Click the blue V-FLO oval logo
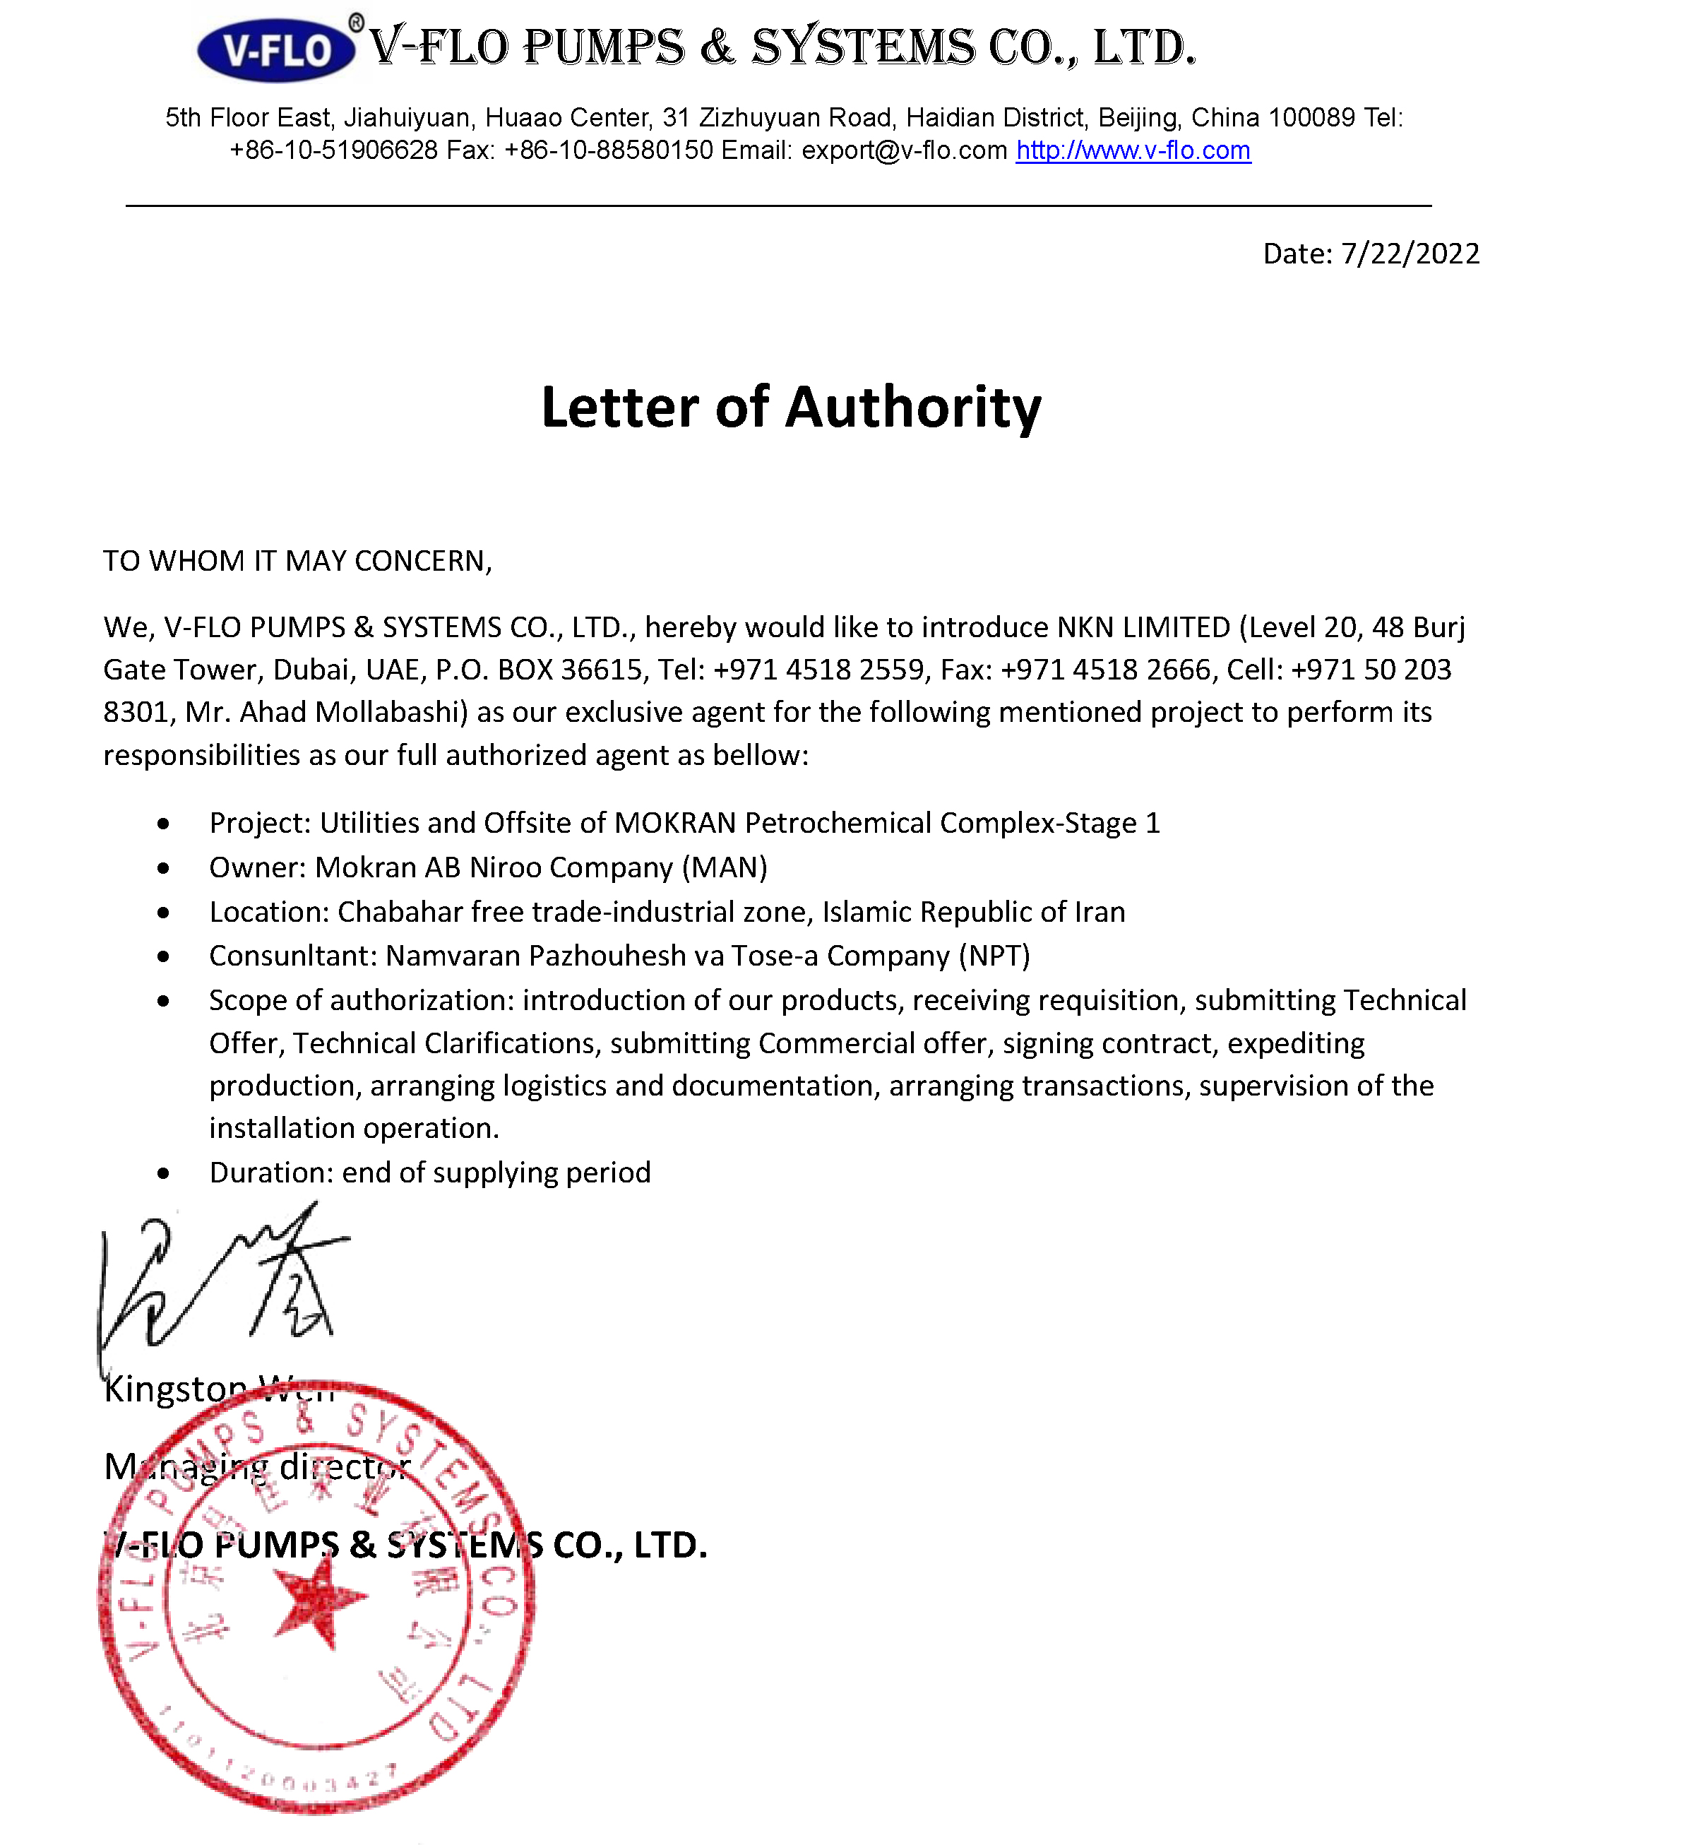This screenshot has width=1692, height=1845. coord(275,49)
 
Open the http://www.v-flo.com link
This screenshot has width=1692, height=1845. coord(1133,150)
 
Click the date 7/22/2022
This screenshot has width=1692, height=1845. coord(1410,254)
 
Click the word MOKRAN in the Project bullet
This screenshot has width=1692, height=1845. coord(675,823)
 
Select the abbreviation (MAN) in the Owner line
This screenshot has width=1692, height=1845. coord(725,867)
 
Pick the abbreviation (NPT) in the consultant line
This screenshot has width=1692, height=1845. coord(994,956)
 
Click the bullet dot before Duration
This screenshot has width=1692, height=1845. coord(163,1174)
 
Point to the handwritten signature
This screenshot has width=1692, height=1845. coord(220,1282)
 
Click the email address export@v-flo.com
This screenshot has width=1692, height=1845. coord(904,150)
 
